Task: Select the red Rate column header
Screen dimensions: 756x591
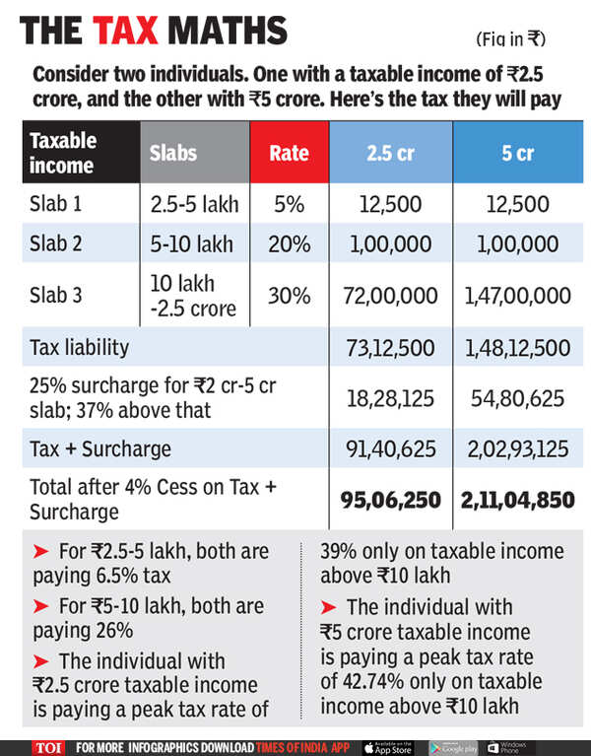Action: pyautogui.click(x=289, y=152)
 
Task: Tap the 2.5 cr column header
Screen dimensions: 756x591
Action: pyautogui.click(x=388, y=152)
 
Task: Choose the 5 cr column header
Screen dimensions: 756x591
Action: pyautogui.click(x=518, y=152)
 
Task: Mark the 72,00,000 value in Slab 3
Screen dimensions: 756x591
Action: pyautogui.click(x=388, y=296)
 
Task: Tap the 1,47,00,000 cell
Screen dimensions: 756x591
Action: pyautogui.click(x=518, y=296)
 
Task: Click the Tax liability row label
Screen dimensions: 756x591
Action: pyautogui.click(x=78, y=347)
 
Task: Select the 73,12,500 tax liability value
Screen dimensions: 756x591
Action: pyautogui.click(x=388, y=347)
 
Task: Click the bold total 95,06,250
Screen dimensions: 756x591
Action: pyautogui.click(x=388, y=499)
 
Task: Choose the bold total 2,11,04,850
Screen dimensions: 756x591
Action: pyautogui.click(x=518, y=499)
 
